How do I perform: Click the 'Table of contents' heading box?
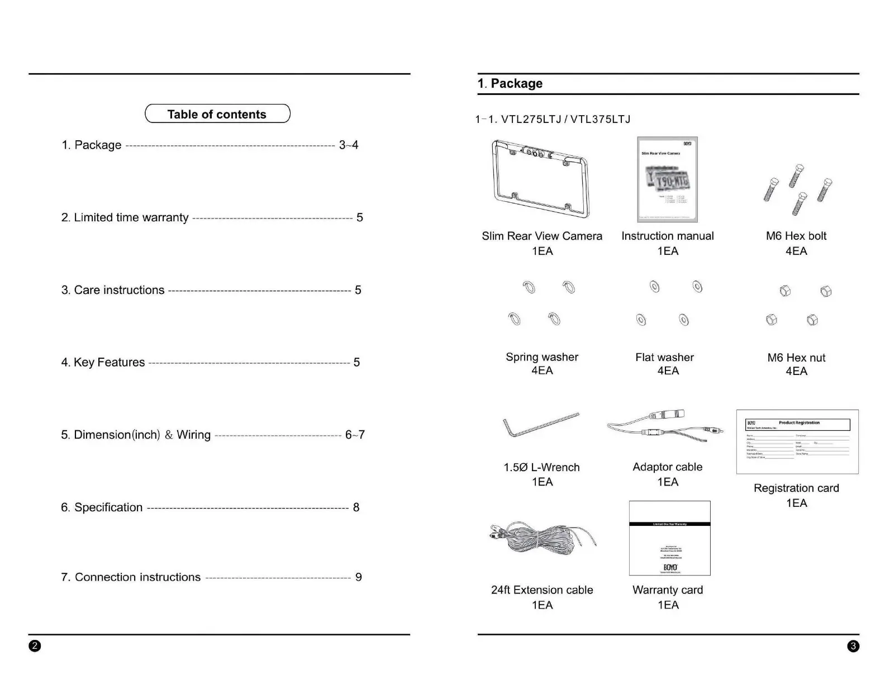click(x=217, y=114)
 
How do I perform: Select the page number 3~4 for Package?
click(x=349, y=145)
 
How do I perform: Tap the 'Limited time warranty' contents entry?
click(x=125, y=217)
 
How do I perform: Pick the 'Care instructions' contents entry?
click(x=113, y=290)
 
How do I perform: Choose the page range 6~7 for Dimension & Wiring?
click(x=355, y=435)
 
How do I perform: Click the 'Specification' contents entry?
click(x=102, y=507)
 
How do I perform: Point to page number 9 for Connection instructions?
click(x=359, y=577)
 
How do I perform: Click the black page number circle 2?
click(x=35, y=647)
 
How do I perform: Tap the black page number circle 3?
click(x=853, y=647)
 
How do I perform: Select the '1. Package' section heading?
click(x=510, y=84)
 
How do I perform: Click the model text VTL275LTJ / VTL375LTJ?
click(x=565, y=120)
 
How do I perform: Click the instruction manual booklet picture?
click(x=667, y=179)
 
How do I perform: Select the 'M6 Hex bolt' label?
click(x=796, y=236)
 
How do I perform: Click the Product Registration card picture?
click(x=797, y=441)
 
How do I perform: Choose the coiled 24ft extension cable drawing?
click(x=541, y=540)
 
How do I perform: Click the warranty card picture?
click(x=669, y=538)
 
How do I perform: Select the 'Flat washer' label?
click(x=665, y=358)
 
